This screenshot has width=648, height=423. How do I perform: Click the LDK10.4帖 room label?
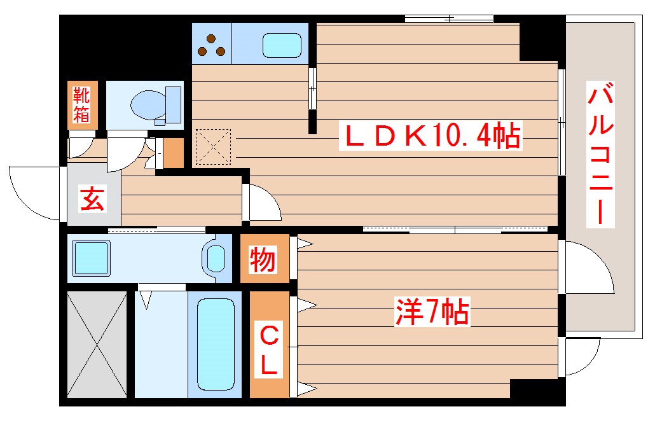coord(432,136)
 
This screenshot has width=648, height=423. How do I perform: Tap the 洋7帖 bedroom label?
coord(432,312)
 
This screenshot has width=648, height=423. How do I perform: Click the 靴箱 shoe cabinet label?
coord(81,106)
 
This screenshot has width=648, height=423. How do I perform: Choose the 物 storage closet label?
coord(262,260)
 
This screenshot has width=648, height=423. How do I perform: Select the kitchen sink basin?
coord(283,44)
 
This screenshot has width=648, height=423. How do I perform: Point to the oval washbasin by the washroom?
coord(216,258)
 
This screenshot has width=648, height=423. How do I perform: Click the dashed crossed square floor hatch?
coord(214,146)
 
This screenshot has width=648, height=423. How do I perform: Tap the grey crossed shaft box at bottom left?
coord(97,344)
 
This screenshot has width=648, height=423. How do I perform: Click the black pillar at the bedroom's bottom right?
coord(537,389)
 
